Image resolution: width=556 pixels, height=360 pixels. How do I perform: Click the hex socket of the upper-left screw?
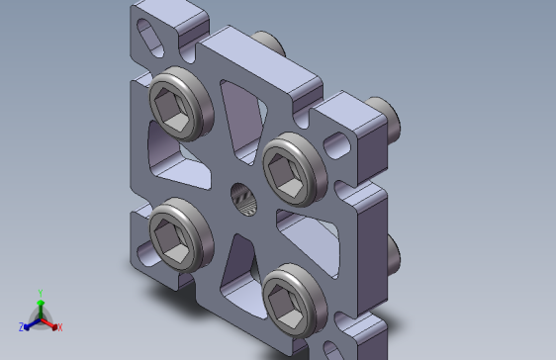pos(171,108)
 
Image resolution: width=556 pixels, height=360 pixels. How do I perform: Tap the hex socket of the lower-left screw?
pos(171,239)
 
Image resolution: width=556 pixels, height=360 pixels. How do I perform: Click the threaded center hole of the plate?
pos(243,200)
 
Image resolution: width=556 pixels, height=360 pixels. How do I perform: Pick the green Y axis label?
pos(41,293)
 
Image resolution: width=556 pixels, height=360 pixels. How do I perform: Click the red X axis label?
pos(60,327)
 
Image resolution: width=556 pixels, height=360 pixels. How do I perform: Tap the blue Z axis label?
pos(22,327)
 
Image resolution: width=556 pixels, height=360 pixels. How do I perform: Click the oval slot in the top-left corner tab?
pos(150,38)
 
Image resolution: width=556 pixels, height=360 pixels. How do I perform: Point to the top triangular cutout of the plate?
pos(243,121)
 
